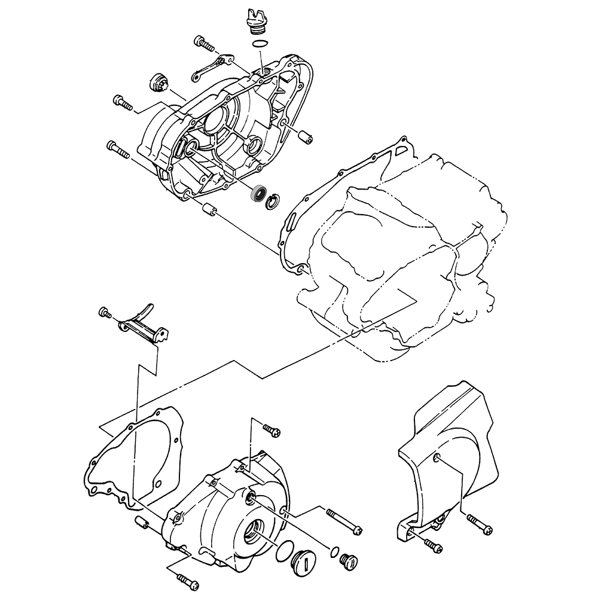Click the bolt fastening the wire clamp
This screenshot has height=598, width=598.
[204, 43]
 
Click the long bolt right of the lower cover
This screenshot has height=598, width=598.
[344, 520]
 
